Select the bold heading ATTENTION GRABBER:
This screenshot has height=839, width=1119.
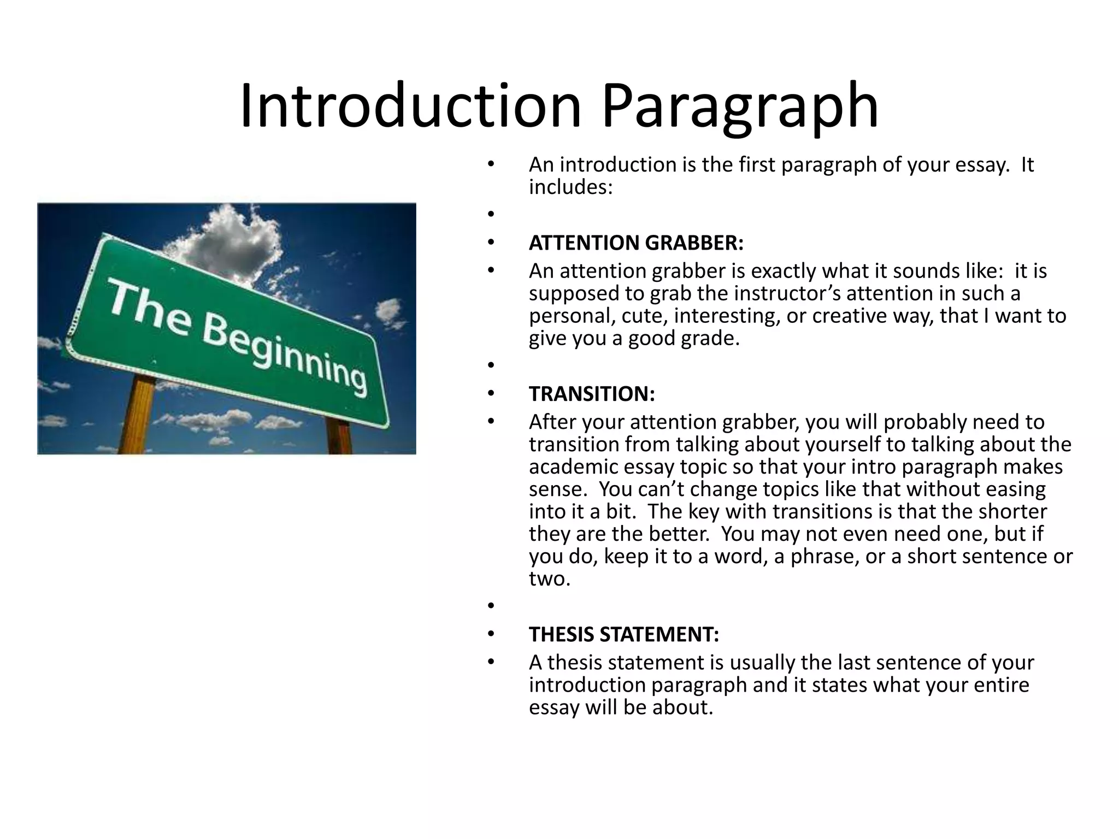point(636,243)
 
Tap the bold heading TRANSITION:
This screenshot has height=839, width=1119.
point(592,394)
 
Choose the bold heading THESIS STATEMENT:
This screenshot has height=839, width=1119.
point(624,635)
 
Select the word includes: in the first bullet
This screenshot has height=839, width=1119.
point(570,187)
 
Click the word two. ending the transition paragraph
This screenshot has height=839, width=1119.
point(549,579)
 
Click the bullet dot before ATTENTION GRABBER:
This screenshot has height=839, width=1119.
point(491,242)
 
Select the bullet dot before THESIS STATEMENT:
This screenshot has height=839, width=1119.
point(491,634)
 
